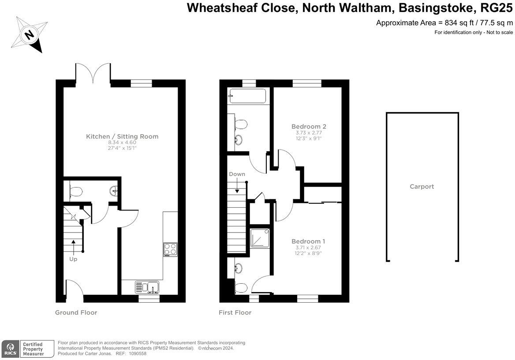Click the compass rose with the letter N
click(x=29, y=34)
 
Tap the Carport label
click(x=422, y=187)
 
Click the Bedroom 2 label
click(x=309, y=126)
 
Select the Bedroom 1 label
click(x=308, y=241)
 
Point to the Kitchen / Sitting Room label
click(x=122, y=136)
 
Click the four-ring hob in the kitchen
click(x=171, y=249)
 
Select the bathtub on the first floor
click(x=248, y=96)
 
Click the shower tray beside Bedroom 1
click(x=260, y=238)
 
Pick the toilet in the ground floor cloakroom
click(x=75, y=191)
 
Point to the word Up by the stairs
click(x=73, y=259)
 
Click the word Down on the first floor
click(x=237, y=174)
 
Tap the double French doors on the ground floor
click(x=93, y=73)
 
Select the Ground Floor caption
click(x=76, y=313)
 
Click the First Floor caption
click(x=235, y=313)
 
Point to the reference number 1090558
click(x=138, y=354)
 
